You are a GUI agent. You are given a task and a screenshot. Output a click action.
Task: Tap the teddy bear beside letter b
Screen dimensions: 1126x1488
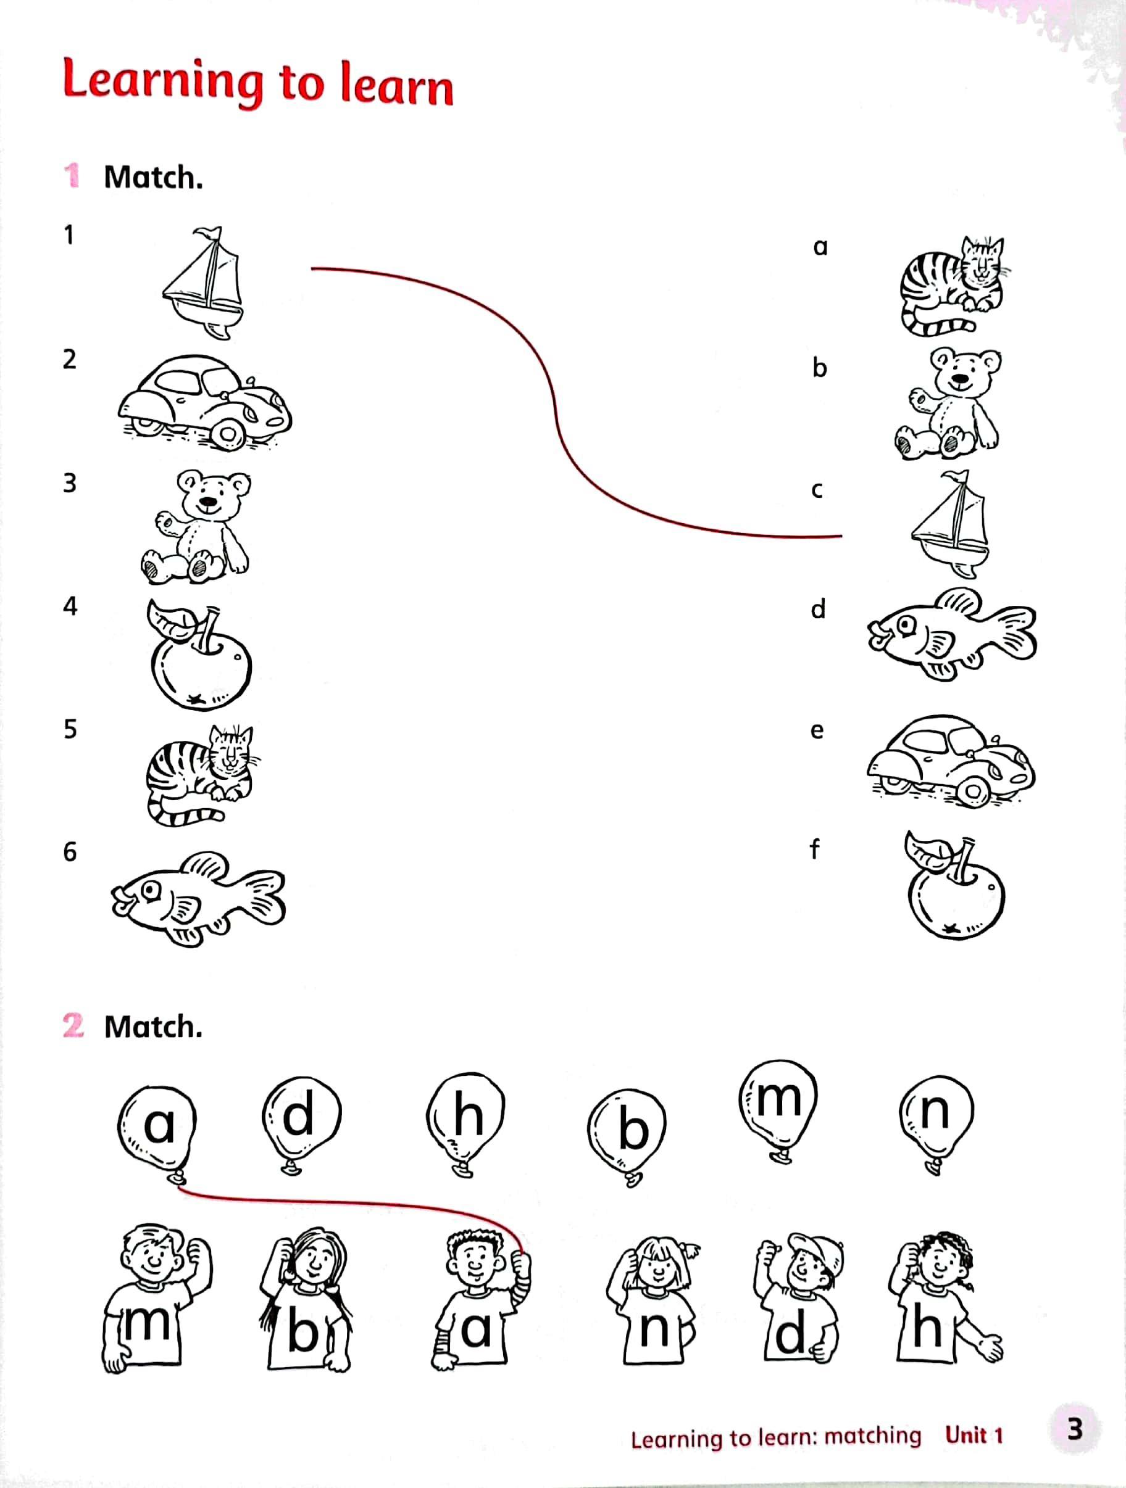pyautogui.click(x=948, y=401)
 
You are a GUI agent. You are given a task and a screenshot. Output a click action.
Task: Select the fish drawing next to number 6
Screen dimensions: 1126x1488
pyautogui.click(x=199, y=899)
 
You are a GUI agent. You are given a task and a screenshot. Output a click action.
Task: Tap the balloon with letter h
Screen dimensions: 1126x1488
pyautogui.click(x=465, y=1122)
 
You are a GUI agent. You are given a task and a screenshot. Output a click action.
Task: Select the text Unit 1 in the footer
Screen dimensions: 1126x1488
pyautogui.click(x=974, y=1435)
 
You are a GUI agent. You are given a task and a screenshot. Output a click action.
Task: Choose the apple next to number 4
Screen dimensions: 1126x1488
pyautogui.click(x=199, y=654)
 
